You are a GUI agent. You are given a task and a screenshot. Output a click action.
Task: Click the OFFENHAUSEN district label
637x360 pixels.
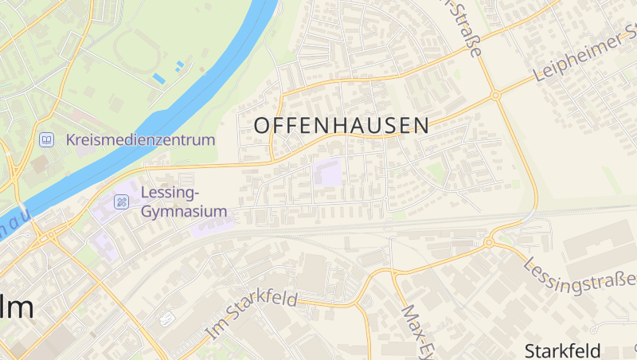341,125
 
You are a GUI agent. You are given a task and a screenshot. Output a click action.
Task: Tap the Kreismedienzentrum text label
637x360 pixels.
141,140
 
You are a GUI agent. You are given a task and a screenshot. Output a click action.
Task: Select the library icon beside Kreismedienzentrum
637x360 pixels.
47,140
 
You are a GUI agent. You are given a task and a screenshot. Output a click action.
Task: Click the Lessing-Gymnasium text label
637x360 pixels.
184,202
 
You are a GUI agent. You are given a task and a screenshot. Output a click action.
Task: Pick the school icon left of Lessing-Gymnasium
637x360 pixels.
121,202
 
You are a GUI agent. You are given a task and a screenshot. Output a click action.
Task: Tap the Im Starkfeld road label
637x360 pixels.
250,313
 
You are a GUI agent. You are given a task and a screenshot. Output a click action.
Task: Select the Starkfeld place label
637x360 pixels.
573,350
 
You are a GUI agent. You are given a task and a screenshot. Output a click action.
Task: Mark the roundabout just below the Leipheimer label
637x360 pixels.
495,95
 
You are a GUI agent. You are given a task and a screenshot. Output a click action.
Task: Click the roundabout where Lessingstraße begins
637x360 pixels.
489,241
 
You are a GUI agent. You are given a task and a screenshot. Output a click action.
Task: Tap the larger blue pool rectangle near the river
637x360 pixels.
159,78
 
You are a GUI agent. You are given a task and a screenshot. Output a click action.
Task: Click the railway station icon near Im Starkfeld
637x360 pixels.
166,319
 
